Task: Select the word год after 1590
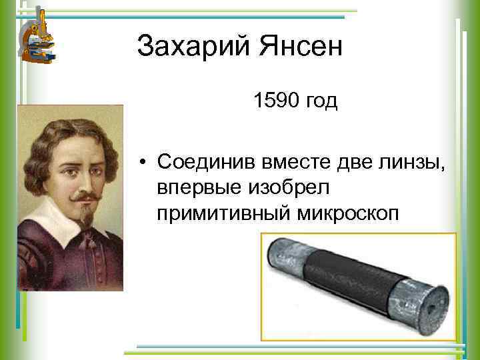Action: [x=321, y=103]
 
